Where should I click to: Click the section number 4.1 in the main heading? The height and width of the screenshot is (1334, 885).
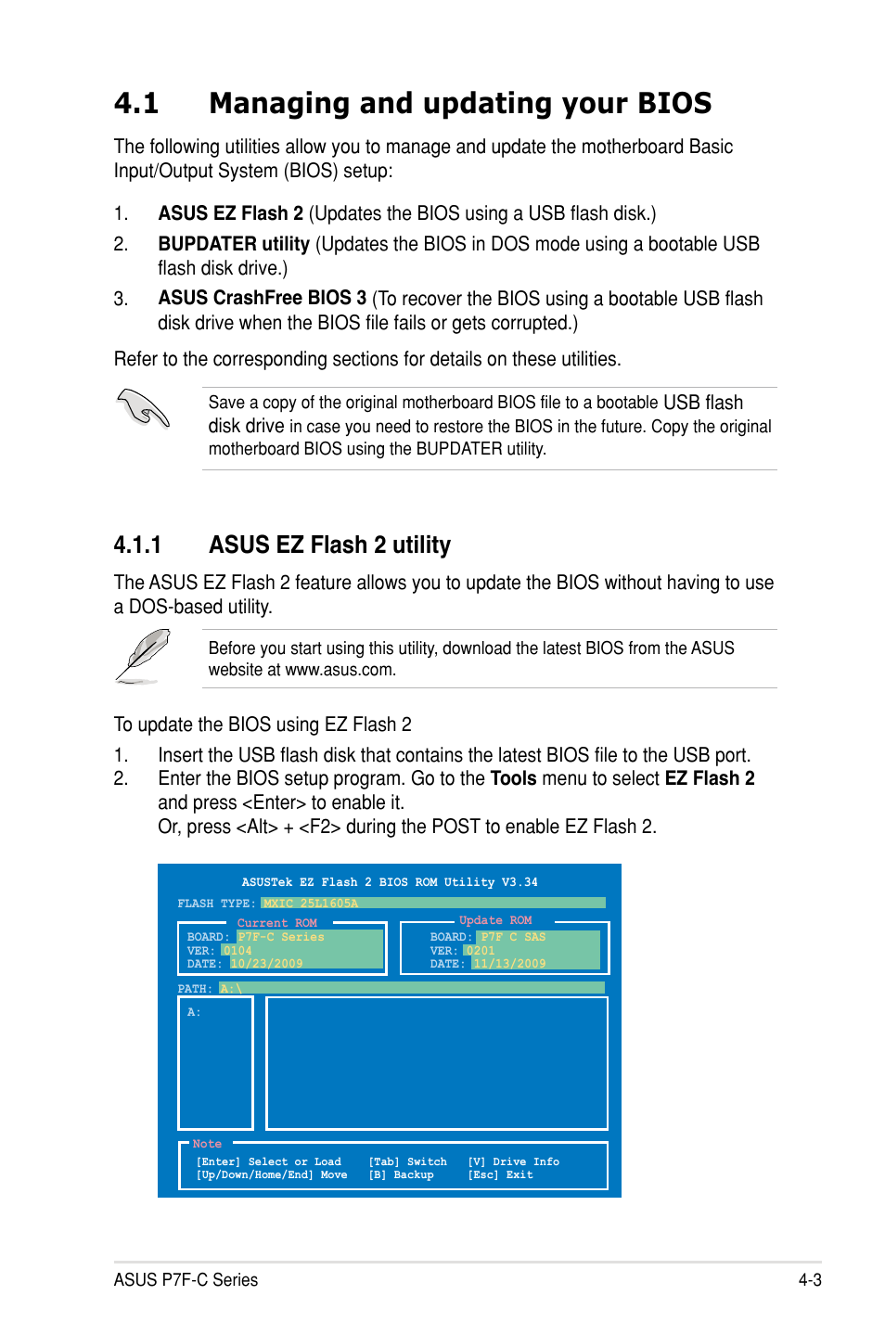(x=136, y=103)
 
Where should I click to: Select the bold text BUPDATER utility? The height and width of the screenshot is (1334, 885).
(x=234, y=244)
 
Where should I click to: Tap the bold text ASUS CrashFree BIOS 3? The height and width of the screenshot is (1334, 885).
(x=262, y=298)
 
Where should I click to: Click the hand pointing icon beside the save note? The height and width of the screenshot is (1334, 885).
(x=144, y=409)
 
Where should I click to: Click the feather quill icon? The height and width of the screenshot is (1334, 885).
(x=144, y=656)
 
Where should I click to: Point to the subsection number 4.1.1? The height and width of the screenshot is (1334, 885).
(x=137, y=545)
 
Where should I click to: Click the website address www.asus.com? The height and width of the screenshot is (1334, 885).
(x=340, y=670)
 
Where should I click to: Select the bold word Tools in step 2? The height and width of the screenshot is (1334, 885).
(x=513, y=778)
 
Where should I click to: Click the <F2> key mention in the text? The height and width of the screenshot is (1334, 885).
(x=319, y=827)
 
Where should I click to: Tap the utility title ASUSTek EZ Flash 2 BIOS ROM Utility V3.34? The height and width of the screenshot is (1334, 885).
(x=390, y=882)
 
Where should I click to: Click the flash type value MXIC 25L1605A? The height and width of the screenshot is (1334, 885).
(x=310, y=904)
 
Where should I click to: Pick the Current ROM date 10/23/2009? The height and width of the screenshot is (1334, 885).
(x=267, y=964)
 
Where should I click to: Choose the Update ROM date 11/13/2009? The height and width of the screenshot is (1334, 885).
(x=510, y=964)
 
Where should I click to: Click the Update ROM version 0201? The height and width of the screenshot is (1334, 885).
(x=481, y=951)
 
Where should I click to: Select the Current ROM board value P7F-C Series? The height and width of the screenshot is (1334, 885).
(x=281, y=937)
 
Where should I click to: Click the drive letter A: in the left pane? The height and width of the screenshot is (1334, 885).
(x=194, y=1012)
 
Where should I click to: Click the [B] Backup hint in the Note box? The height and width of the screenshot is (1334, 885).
(x=402, y=1175)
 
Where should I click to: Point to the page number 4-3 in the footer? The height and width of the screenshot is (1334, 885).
(x=809, y=1280)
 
